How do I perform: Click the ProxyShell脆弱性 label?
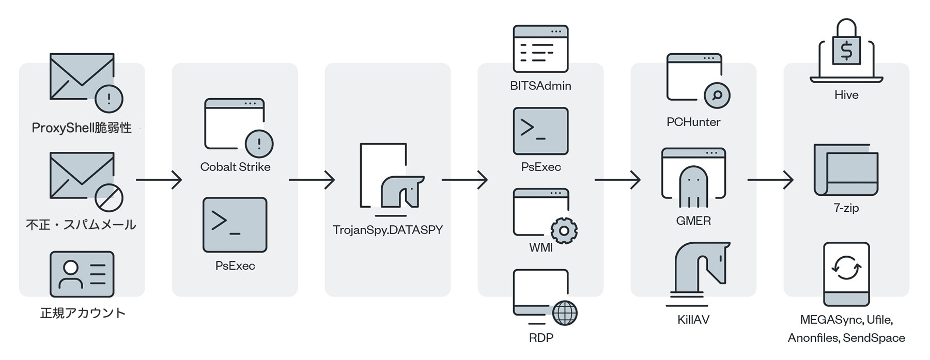(82, 128)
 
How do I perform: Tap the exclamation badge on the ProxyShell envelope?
(109, 98)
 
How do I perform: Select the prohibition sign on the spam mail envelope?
(109, 197)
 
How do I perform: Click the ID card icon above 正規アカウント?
(82, 274)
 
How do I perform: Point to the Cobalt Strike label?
(235, 167)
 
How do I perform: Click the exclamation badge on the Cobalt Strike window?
(259, 143)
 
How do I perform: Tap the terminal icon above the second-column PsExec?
(235, 225)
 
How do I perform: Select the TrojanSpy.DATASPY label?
(388, 230)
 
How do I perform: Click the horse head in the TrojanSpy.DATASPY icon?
(402, 191)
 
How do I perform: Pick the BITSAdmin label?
(540, 86)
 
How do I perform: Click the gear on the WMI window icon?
(564, 230)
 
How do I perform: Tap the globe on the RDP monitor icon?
(565, 313)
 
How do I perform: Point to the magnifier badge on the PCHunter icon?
(717, 95)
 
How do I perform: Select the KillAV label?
(693, 320)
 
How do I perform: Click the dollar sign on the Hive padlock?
(846, 51)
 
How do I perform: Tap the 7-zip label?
(846, 208)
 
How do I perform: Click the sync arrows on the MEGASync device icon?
(846, 268)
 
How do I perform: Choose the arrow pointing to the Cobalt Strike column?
(159, 180)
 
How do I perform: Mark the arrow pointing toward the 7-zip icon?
(770, 180)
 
